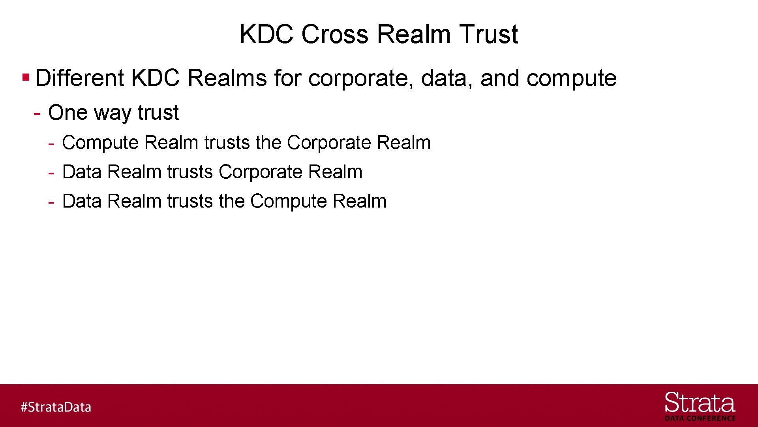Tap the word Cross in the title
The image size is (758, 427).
coord(335,34)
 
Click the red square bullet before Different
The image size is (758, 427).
coord(26,77)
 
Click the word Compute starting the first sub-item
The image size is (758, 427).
coord(100,143)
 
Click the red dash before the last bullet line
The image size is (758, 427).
coord(51,202)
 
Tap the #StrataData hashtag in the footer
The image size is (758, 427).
coord(56,407)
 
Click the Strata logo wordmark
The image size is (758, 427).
coord(700,403)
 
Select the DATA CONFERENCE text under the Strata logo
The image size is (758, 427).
coord(700,418)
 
